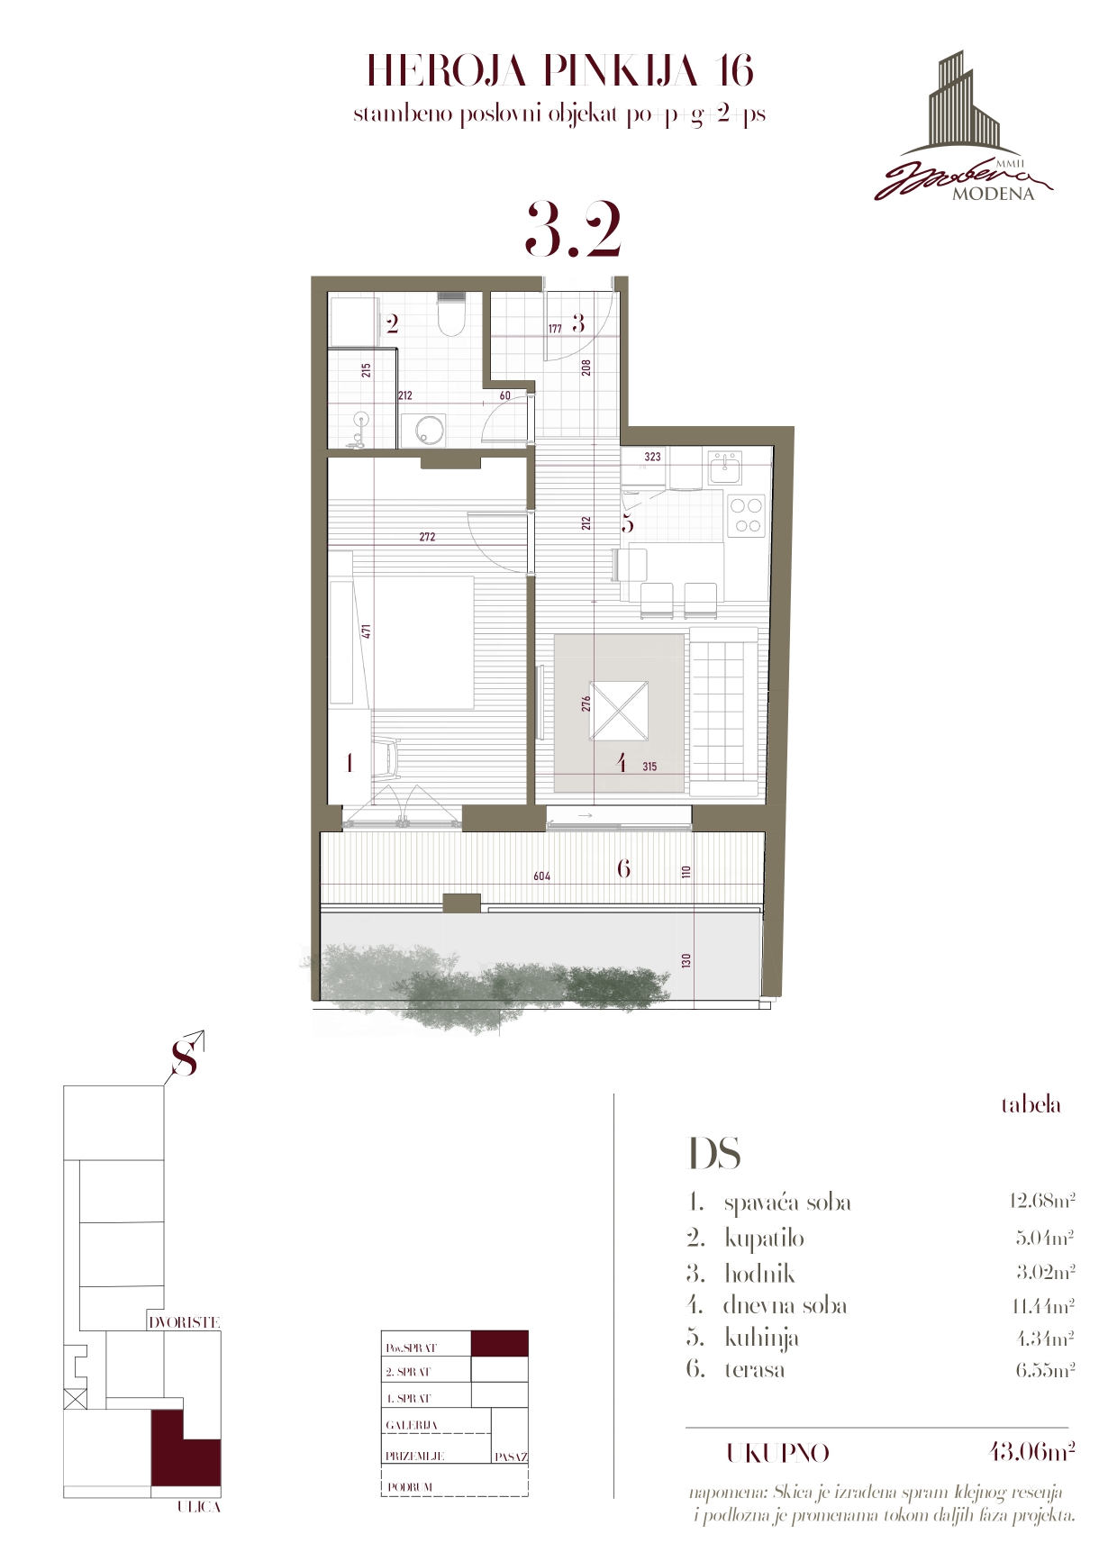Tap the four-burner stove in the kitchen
tap(746, 516)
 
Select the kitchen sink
tap(725, 467)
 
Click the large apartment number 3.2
tap(573, 230)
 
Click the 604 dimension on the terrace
tap(541, 876)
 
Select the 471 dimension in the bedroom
tap(367, 631)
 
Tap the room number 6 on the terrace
tap(623, 868)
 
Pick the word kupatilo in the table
tap(764, 1238)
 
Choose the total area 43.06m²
tap(1031, 1452)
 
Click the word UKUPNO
tap(778, 1454)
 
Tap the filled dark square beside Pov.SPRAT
tap(500, 1344)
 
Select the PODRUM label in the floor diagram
tap(410, 1487)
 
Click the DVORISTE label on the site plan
tap(185, 1322)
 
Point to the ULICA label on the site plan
tap(198, 1507)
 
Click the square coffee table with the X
tap(619, 711)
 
